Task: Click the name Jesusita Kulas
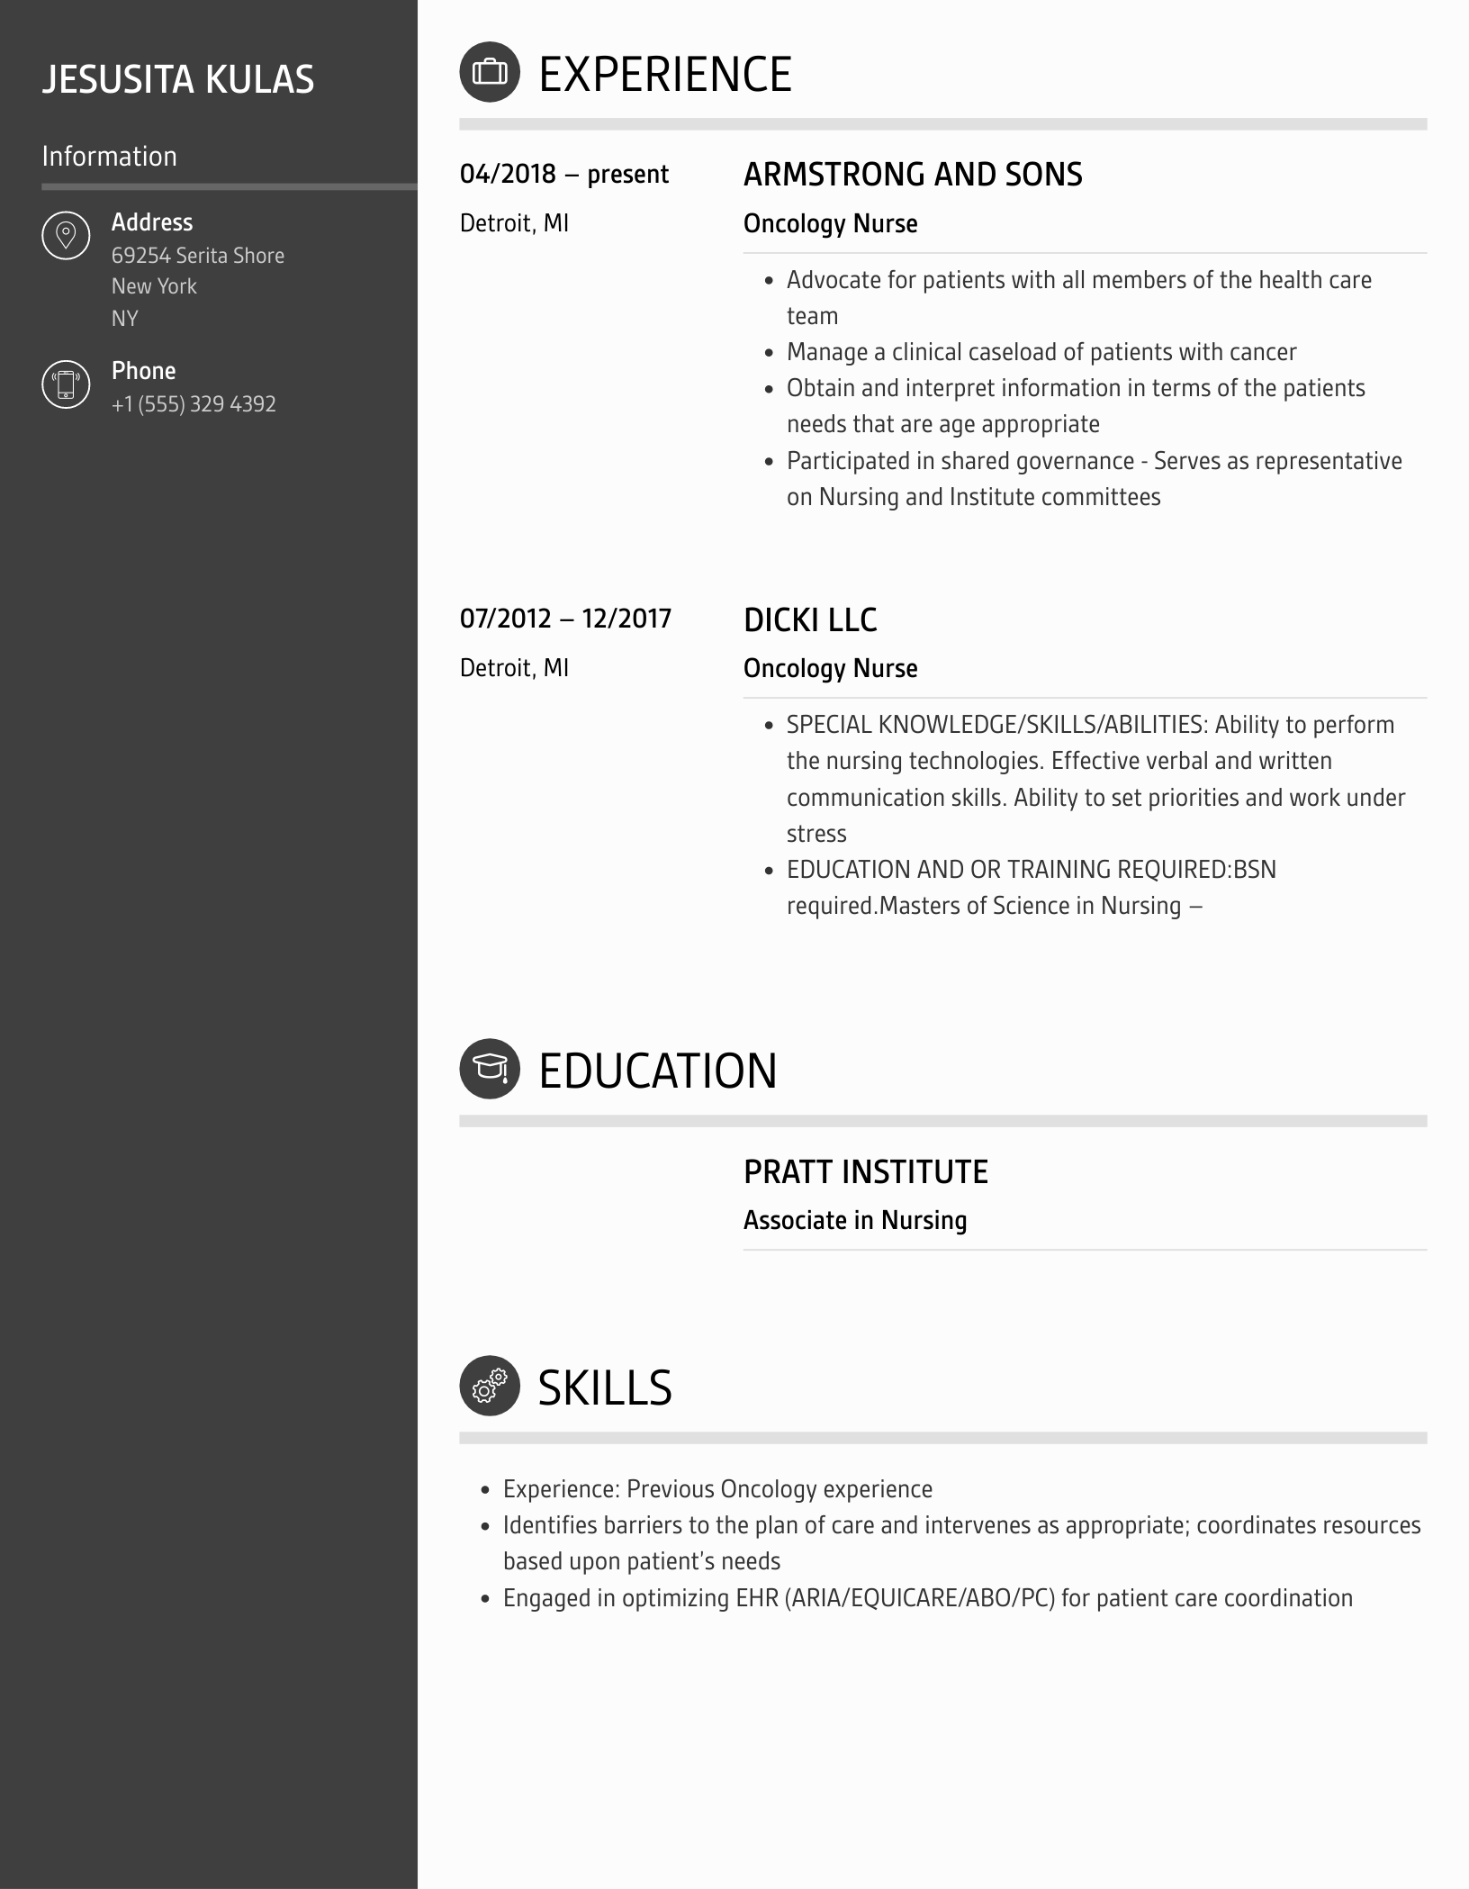(178, 80)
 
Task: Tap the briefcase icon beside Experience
(490, 72)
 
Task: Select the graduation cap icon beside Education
(490, 1069)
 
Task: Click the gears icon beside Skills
(490, 1386)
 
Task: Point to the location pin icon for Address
(66, 236)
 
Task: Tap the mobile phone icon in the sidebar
(66, 384)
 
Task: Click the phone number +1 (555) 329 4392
(194, 404)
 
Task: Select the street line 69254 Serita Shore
(197, 256)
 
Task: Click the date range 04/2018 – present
(563, 175)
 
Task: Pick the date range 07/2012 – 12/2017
(565, 619)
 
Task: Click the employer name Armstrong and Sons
(912, 175)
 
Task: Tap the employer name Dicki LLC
(809, 619)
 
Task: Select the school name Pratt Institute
(865, 1172)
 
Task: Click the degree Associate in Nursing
(854, 1221)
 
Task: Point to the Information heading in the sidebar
(109, 157)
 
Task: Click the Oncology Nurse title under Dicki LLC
(830, 669)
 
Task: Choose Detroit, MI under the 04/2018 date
(514, 224)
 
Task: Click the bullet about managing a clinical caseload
(1041, 352)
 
